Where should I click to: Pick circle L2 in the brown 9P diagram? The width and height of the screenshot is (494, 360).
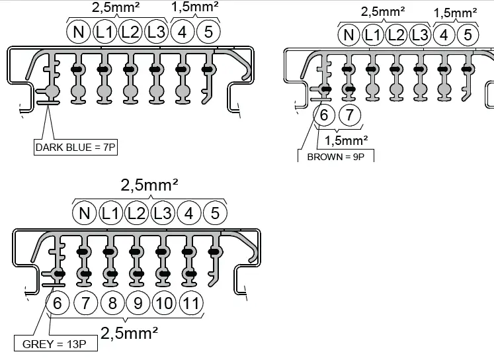(395, 35)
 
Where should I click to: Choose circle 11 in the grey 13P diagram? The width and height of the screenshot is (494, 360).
(190, 304)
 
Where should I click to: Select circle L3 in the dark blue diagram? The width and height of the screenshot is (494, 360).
(156, 32)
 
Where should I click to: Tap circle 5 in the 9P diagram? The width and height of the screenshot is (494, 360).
(468, 35)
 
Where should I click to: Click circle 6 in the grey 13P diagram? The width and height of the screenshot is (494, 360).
(58, 304)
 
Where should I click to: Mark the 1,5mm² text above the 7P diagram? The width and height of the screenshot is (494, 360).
(195, 8)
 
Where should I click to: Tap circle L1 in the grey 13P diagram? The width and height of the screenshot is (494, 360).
(110, 213)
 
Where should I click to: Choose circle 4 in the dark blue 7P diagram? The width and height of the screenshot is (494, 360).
(183, 32)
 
